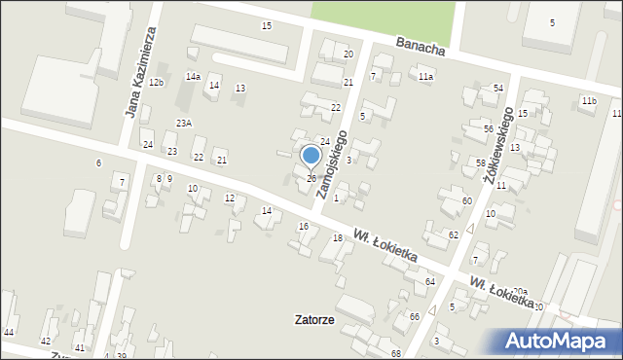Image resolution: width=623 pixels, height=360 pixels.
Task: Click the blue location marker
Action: pyautogui.click(x=311, y=156)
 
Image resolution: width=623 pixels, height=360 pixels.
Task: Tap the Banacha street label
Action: pyautogui.click(x=421, y=47)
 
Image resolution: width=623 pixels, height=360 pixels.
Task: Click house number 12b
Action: pyautogui.click(x=157, y=82)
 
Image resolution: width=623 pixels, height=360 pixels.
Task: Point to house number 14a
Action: pyautogui.click(x=194, y=77)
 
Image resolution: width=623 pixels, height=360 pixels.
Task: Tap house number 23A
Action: pyautogui.click(x=184, y=123)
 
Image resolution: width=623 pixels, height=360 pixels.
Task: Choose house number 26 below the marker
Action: pyautogui.click(x=311, y=178)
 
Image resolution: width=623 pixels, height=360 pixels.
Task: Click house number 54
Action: pyautogui.click(x=497, y=89)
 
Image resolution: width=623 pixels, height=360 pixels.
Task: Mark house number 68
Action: pyautogui.click(x=395, y=352)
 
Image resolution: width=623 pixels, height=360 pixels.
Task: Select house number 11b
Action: pyautogui.click(x=588, y=101)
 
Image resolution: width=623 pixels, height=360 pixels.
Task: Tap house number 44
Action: pyautogui.click(x=9, y=333)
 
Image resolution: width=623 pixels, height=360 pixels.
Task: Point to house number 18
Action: pyautogui.click(x=337, y=238)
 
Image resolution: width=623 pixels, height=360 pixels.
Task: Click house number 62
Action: pyautogui.click(x=454, y=235)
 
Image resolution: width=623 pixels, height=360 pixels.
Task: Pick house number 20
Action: pyautogui.click(x=348, y=54)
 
